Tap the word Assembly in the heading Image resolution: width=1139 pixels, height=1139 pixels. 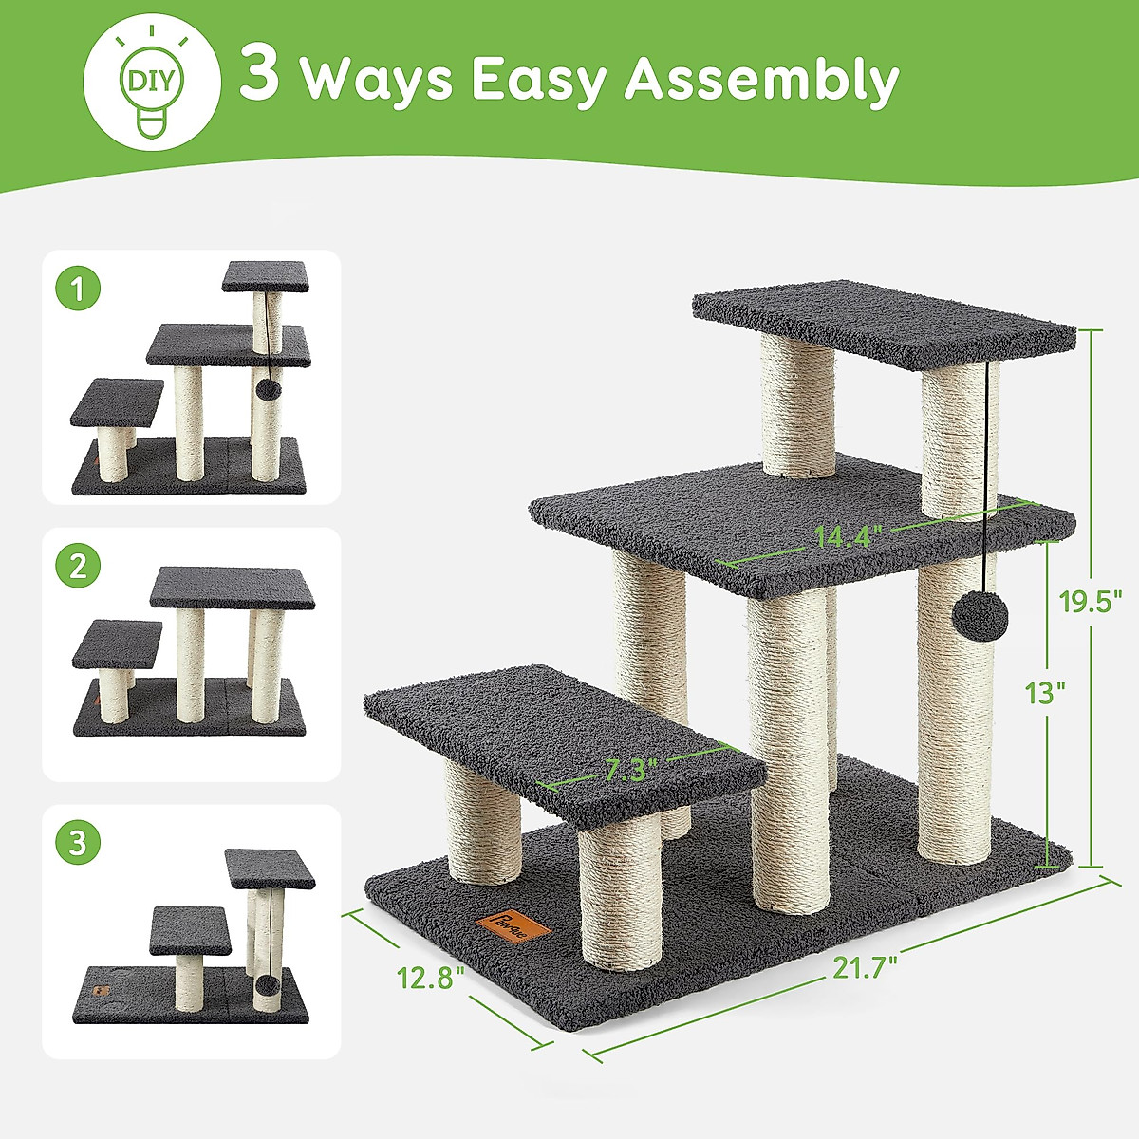point(761,80)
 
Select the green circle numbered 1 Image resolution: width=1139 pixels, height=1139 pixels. point(79,289)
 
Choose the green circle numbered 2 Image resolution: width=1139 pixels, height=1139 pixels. point(79,567)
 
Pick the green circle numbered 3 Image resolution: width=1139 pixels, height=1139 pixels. point(79,842)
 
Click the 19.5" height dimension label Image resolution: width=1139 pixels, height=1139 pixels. point(1091,601)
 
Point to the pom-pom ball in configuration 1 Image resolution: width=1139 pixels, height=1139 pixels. point(268,388)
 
